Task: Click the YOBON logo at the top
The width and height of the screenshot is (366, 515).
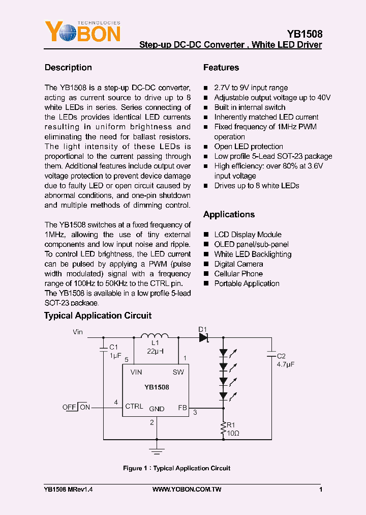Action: click(x=83, y=33)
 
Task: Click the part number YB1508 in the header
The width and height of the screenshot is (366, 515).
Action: click(x=304, y=34)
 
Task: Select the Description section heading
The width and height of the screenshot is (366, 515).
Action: click(x=68, y=68)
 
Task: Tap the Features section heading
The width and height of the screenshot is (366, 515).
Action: click(x=221, y=68)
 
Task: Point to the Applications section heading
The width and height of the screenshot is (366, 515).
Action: click(x=229, y=215)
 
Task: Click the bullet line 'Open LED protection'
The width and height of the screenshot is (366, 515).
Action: click(x=249, y=147)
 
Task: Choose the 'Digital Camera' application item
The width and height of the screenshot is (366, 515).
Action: click(x=238, y=264)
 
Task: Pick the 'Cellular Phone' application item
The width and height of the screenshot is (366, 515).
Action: click(x=238, y=274)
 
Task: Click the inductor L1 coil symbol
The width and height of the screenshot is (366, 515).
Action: click(x=154, y=336)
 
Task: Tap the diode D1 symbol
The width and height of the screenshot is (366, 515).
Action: click(x=204, y=337)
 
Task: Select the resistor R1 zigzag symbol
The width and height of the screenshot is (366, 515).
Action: click(x=222, y=428)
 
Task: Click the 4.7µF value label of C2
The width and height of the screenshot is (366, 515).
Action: click(x=286, y=365)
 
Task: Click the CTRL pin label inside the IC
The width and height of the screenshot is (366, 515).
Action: click(x=134, y=407)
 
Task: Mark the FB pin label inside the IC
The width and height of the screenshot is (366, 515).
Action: click(x=182, y=408)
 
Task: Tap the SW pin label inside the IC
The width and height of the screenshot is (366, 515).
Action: click(x=178, y=372)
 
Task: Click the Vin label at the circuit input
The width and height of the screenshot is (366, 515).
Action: click(x=78, y=332)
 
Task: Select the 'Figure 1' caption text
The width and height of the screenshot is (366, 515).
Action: click(x=176, y=468)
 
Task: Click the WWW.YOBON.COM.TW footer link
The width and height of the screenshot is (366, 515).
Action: click(x=187, y=490)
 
